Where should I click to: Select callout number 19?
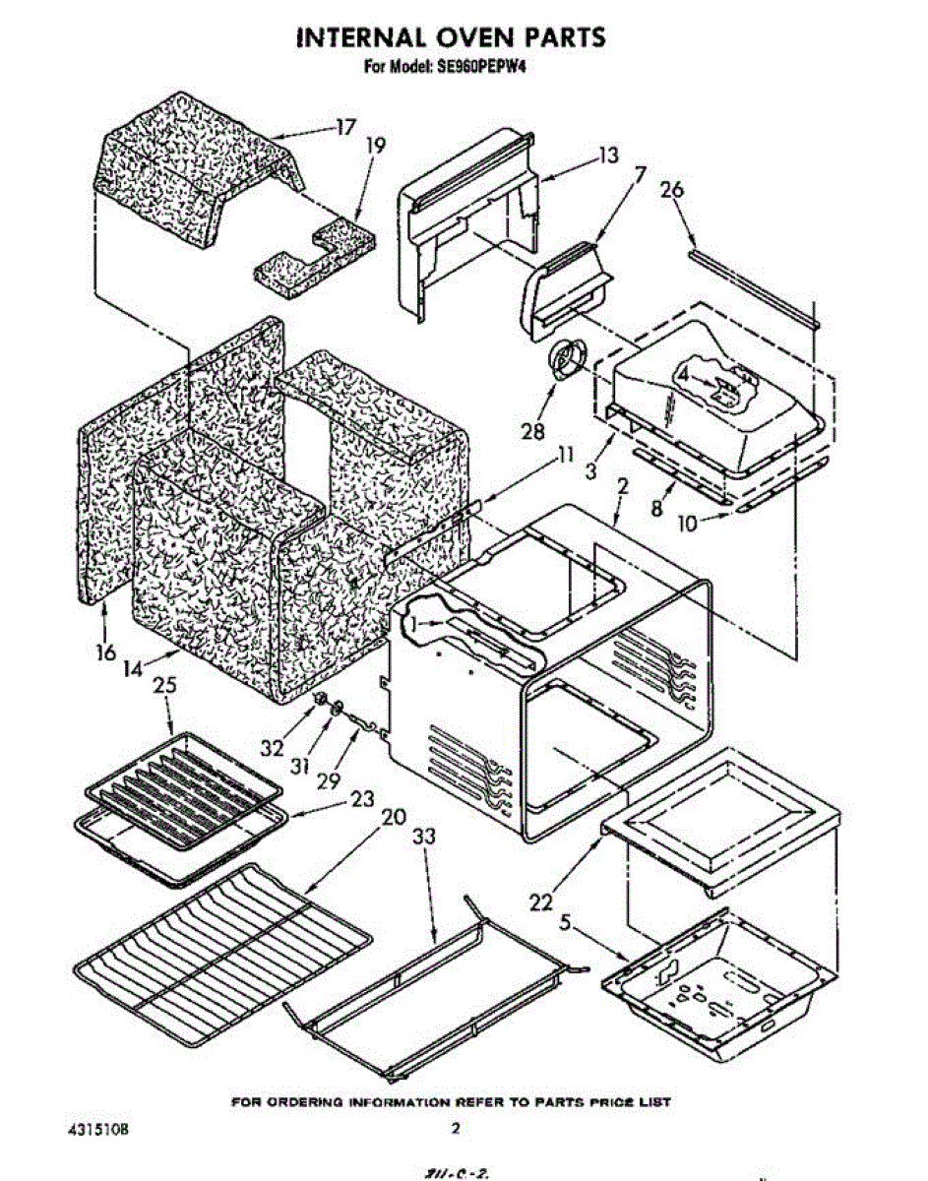[x=376, y=145]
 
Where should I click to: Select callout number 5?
[x=565, y=922]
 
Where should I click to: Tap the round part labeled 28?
[x=567, y=360]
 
